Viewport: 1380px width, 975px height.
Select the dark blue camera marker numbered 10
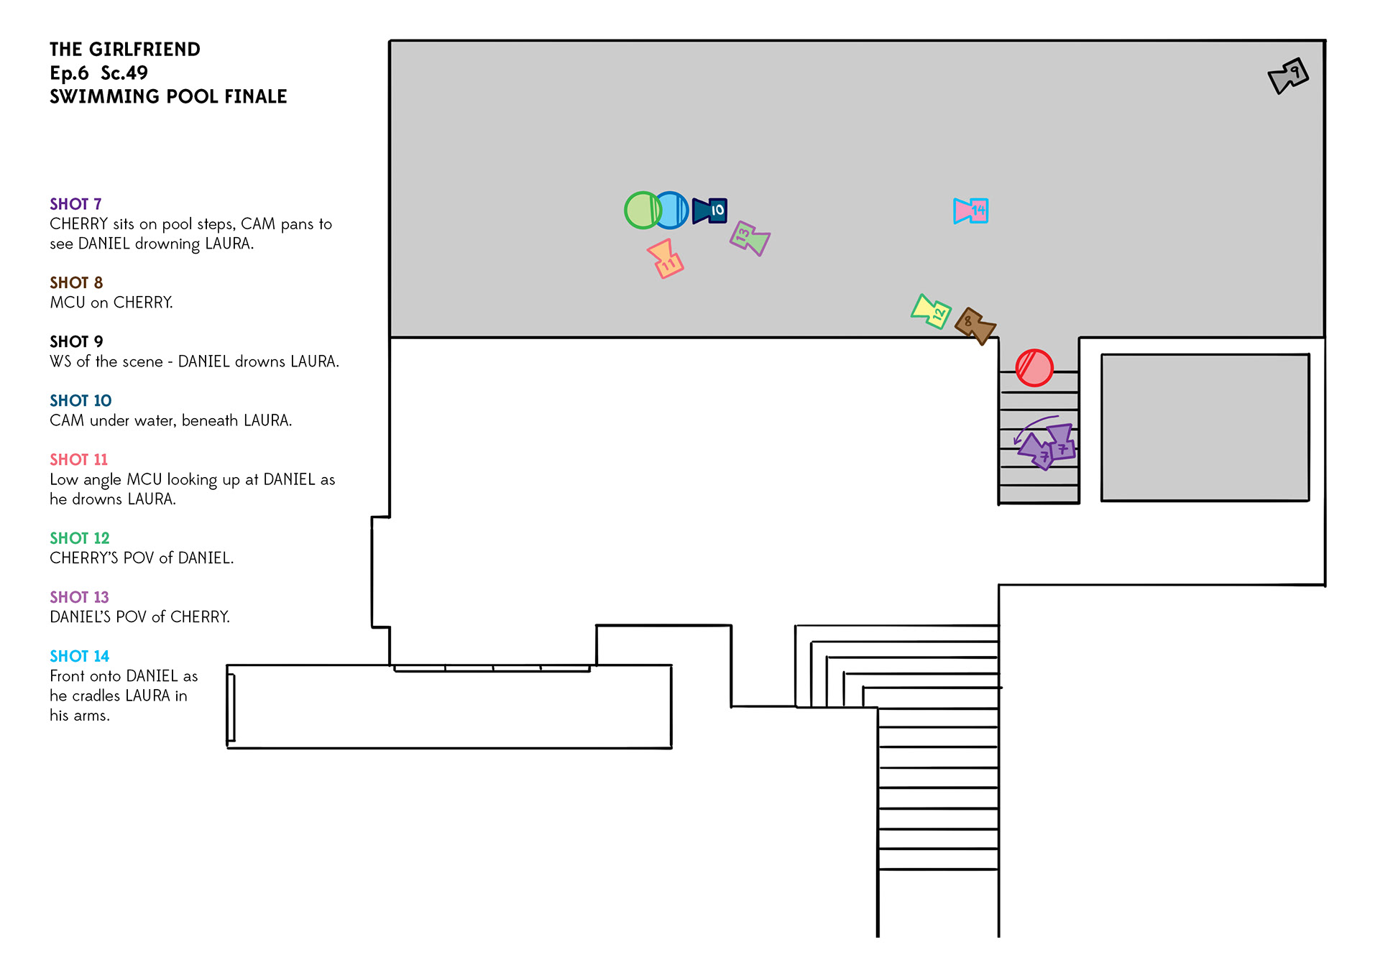tap(709, 211)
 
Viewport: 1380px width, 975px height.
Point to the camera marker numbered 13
tap(750, 239)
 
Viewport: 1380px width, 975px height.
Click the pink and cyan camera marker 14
tap(971, 211)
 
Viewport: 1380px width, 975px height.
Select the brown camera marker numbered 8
tap(975, 325)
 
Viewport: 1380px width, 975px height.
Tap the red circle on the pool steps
tap(1034, 368)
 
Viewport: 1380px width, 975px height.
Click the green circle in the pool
tap(642, 211)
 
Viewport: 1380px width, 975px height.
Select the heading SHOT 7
tap(75, 204)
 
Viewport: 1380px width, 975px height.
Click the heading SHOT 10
tap(80, 401)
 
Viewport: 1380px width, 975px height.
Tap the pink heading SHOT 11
tap(78, 460)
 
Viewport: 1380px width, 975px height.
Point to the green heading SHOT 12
tap(79, 538)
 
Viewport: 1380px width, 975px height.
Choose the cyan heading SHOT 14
tap(79, 656)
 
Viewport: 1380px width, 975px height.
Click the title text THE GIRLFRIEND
tap(125, 50)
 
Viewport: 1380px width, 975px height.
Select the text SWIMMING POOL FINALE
tap(168, 96)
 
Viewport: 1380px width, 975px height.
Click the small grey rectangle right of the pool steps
tap(1205, 428)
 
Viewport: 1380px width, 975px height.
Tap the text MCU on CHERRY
tap(111, 302)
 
